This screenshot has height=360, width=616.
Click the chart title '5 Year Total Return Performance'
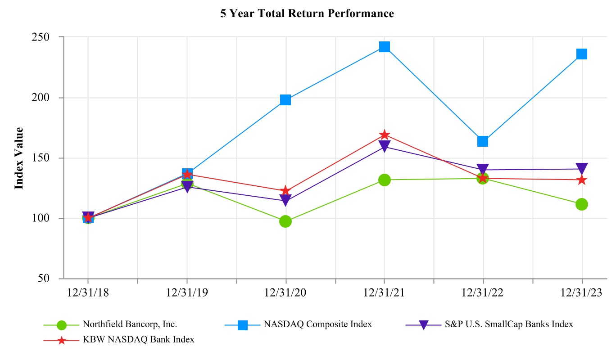[x=307, y=13]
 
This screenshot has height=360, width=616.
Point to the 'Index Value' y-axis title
[x=19, y=158]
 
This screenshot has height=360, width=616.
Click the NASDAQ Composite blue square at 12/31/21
[x=384, y=47]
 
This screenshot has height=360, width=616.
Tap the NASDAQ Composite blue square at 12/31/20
[x=285, y=100]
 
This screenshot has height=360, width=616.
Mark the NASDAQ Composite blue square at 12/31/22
[x=483, y=141]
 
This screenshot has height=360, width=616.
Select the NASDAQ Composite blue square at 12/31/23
[x=582, y=54]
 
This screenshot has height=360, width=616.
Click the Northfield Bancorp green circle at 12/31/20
[x=285, y=221]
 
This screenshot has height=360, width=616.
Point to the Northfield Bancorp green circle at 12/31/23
[x=582, y=204]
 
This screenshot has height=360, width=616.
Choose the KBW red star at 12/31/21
[x=384, y=135]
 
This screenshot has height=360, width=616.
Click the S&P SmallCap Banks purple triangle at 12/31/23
[x=582, y=169]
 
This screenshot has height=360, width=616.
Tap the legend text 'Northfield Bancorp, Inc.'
[x=130, y=324]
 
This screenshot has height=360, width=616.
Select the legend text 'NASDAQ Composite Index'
[x=318, y=324]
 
